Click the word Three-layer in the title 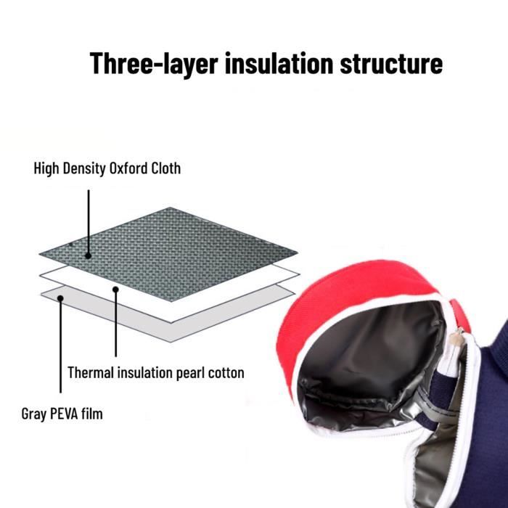(154, 64)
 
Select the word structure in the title (391, 64)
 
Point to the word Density (84, 169)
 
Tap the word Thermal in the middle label (91, 372)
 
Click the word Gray (33, 414)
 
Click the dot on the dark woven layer (88, 255)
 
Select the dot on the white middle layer (115, 290)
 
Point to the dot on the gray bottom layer (60, 298)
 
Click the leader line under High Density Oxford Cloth (89, 223)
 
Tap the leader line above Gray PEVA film (60, 345)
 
